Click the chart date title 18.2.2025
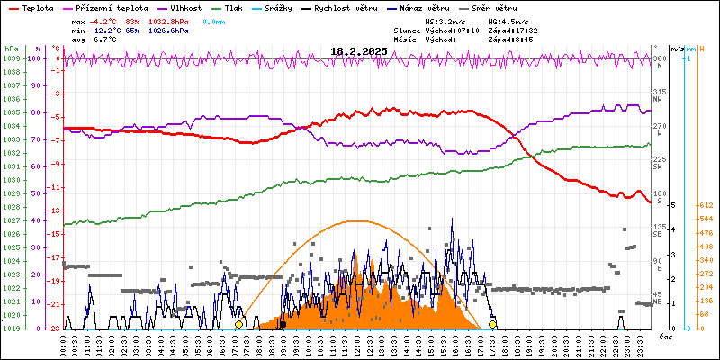(358, 51)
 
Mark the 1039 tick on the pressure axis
(11, 58)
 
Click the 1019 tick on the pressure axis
(11, 328)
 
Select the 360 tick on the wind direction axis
(659, 58)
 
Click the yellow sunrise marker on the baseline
(238, 324)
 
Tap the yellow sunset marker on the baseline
(492, 324)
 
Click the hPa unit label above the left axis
(11, 49)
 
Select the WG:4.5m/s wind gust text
(508, 21)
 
